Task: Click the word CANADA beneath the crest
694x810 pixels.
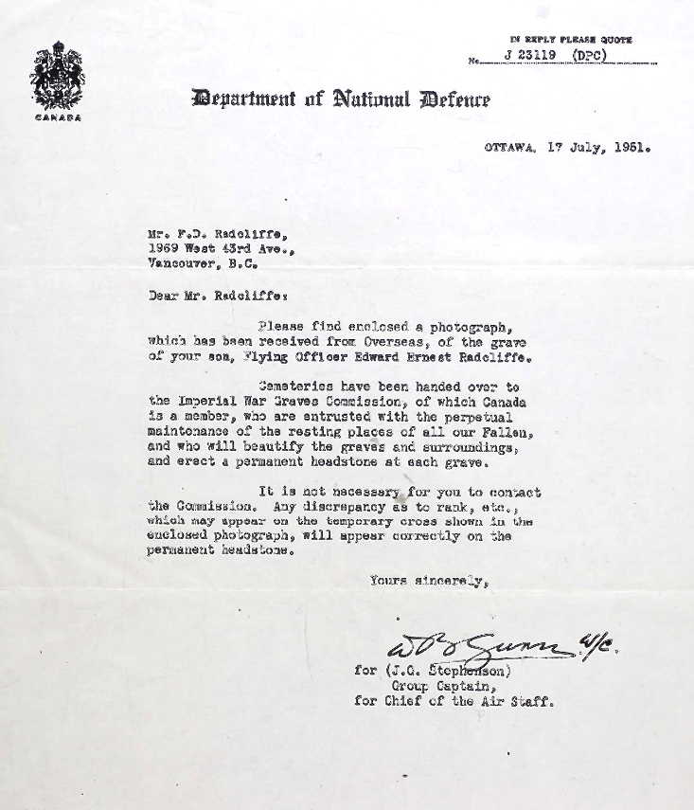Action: (x=58, y=117)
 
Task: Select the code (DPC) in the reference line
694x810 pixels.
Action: (x=588, y=55)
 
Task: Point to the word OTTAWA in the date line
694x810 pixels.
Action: (x=510, y=149)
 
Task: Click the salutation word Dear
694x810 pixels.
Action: (x=163, y=294)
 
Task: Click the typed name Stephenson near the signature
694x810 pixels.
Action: (x=474, y=670)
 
